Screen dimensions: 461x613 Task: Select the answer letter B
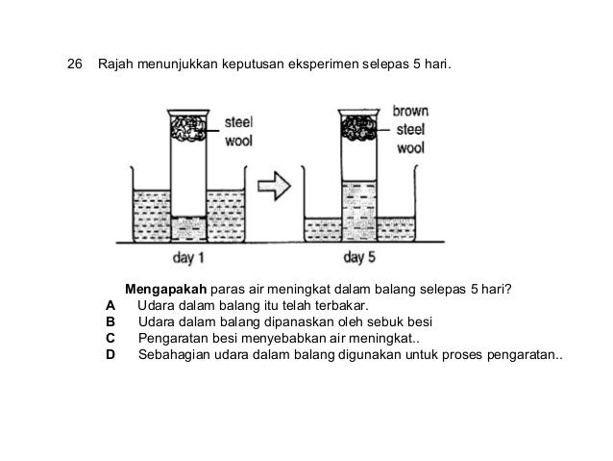[110, 321]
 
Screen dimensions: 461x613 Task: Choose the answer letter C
[110, 338]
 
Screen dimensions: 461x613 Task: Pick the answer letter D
[110, 354]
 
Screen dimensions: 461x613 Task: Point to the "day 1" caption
[188, 257]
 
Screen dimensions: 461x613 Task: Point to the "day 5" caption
[358, 257]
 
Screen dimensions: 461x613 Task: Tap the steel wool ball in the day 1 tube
[187, 129]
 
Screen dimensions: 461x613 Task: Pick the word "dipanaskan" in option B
[307, 321]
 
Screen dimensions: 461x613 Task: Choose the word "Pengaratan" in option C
[175, 338]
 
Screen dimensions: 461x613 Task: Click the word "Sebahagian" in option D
[177, 354]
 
